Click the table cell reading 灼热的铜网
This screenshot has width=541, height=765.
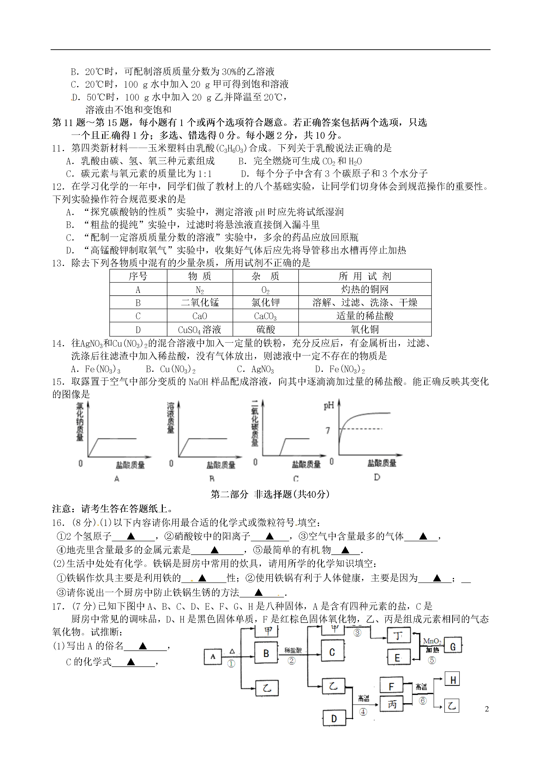click(365, 289)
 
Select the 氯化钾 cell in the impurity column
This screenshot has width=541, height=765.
click(265, 302)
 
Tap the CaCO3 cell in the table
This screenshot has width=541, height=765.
click(265, 316)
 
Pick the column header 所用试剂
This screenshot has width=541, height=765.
click(365, 276)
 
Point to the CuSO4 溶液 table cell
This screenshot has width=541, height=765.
click(199, 329)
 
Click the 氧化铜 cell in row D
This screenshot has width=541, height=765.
click(365, 329)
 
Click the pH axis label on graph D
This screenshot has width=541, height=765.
click(329, 405)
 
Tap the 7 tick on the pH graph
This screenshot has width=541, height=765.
click(328, 430)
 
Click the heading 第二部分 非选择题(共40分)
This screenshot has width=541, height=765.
click(270, 494)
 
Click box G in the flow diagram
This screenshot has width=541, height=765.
click(453, 647)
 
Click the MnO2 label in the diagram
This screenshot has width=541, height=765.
click(432, 641)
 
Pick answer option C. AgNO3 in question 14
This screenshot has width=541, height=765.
click(255, 369)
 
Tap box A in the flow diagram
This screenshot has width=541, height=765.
click(213, 657)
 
